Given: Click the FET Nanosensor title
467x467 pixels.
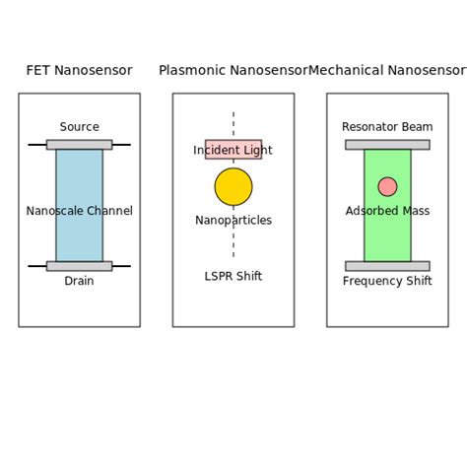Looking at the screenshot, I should [79, 71].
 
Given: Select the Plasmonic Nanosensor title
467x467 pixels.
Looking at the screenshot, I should [233, 71].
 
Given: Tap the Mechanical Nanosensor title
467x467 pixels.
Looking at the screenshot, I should [387, 71].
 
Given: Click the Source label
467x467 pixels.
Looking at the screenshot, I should [79, 127].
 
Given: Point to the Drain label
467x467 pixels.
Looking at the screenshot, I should [79, 282].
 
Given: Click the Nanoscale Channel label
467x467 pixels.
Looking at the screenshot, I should [79, 211].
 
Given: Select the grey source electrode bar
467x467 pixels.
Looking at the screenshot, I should [79, 145].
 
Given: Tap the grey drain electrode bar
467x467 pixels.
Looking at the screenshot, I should [79, 266].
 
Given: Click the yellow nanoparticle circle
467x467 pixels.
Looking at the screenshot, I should [233, 186].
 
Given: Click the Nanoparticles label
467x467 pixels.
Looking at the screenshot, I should [233, 221].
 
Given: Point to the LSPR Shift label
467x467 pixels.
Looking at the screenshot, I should [233, 277].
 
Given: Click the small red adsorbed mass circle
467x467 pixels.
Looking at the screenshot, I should [387, 187].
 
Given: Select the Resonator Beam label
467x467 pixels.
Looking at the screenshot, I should [387, 127].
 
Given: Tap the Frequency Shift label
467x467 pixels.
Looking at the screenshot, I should [387, 282].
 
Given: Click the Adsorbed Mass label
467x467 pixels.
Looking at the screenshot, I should [387, 211].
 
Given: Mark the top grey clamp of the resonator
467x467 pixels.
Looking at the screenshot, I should [387, 145].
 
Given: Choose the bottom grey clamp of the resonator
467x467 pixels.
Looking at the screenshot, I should [387, 266].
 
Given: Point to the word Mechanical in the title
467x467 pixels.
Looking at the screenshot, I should [346, 71].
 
